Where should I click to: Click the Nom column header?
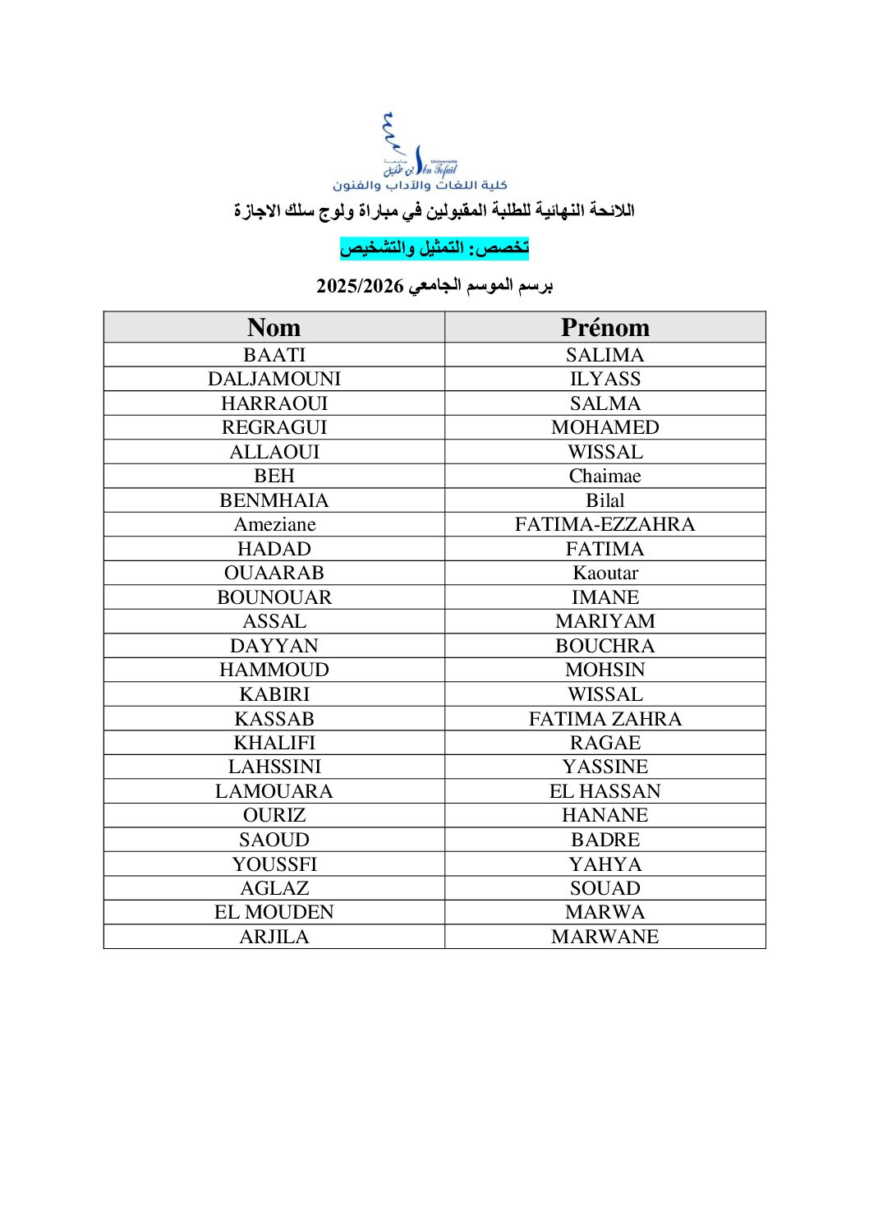point(274,327)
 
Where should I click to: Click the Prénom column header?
point(605,327)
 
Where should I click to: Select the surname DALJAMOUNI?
point(274,379)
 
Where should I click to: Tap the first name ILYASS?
point(605,379)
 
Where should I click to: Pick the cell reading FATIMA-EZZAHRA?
point(605,524)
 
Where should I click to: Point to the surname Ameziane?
point(274,524)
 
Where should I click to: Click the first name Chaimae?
point(605,476)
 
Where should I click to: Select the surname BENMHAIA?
point(274,500)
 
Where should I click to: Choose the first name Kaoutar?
point(605,573)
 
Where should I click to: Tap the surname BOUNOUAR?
point(274,597)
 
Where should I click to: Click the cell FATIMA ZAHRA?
point(605,719)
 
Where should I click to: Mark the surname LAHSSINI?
point(274,767)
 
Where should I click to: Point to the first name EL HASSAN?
point(605,791)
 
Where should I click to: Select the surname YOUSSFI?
point(274,864)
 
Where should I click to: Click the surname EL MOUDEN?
point(274,912)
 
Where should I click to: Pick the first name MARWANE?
point(605,937)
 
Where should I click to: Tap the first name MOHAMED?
point(605,427)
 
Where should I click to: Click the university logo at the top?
point(420,153)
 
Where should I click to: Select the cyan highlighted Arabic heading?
point(434,247)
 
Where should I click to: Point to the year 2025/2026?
point(360,286)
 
